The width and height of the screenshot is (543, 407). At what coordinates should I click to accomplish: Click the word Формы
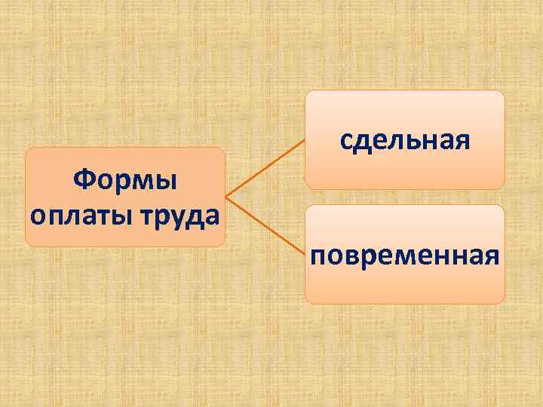[125, 181]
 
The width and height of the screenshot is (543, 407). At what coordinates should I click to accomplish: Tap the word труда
[181, 215]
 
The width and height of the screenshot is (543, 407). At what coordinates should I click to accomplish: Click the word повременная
[405, 254]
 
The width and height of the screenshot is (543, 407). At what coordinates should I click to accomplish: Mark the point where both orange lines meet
[225, 197]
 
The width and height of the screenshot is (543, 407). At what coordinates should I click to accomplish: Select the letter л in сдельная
[406, 140]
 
